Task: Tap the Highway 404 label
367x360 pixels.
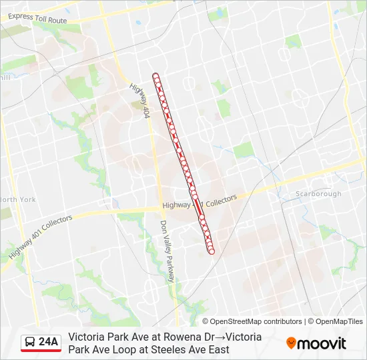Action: (139, 101)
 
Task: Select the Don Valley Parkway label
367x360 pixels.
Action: (167, 252)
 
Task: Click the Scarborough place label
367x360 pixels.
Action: (318, 194)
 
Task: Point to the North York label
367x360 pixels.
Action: (17, 199)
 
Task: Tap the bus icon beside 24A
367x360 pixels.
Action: (30, 343)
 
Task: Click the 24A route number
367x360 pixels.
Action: (49, 343)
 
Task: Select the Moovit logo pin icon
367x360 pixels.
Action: (291, 343)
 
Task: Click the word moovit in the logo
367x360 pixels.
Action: (322, 343)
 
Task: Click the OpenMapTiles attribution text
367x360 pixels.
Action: (338, 321)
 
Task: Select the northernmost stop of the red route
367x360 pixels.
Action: (155, 76)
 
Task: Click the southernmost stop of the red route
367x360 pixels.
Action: (212, 251)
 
